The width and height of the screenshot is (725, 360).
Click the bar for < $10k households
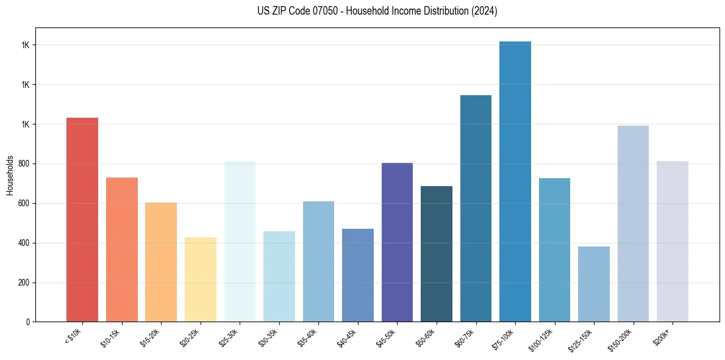[82, 220]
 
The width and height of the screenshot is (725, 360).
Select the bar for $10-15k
[122, 250]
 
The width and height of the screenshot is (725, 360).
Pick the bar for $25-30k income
[240, 242]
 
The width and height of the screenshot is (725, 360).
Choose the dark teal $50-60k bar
[437, 254]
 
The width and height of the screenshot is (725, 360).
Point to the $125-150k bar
[594, 284]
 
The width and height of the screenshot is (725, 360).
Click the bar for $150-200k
[633, 224]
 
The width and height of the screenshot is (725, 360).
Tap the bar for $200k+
[673, 242]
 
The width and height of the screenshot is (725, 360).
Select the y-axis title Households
[10, 175]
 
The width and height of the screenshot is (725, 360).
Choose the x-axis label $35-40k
[310, 338]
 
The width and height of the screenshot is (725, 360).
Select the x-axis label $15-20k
[152, 338]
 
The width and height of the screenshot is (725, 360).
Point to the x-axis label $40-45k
[349, 338]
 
